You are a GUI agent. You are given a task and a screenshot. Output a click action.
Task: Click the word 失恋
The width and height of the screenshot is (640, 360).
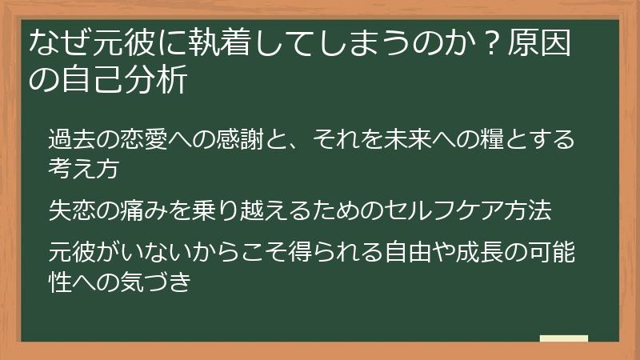pyautogui.click(x=72, y=210)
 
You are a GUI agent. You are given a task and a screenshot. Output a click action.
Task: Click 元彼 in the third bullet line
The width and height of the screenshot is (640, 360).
pyautogui.click(x=72, y=254)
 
